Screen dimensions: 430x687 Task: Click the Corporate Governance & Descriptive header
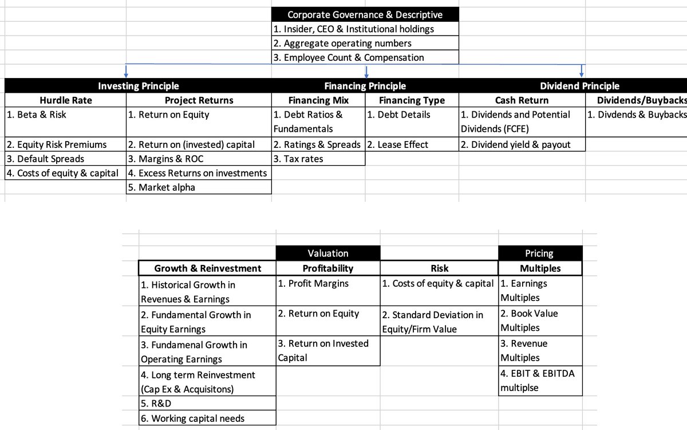(x=365, y=14)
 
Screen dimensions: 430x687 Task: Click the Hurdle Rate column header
(x=65, y=100)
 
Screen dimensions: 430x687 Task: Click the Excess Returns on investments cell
(x=198, y=173)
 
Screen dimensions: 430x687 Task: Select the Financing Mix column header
(x=318, y=100)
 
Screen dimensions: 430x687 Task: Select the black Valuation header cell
(x=327, y=253)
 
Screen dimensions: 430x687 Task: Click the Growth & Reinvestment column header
(x=207, y=268)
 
